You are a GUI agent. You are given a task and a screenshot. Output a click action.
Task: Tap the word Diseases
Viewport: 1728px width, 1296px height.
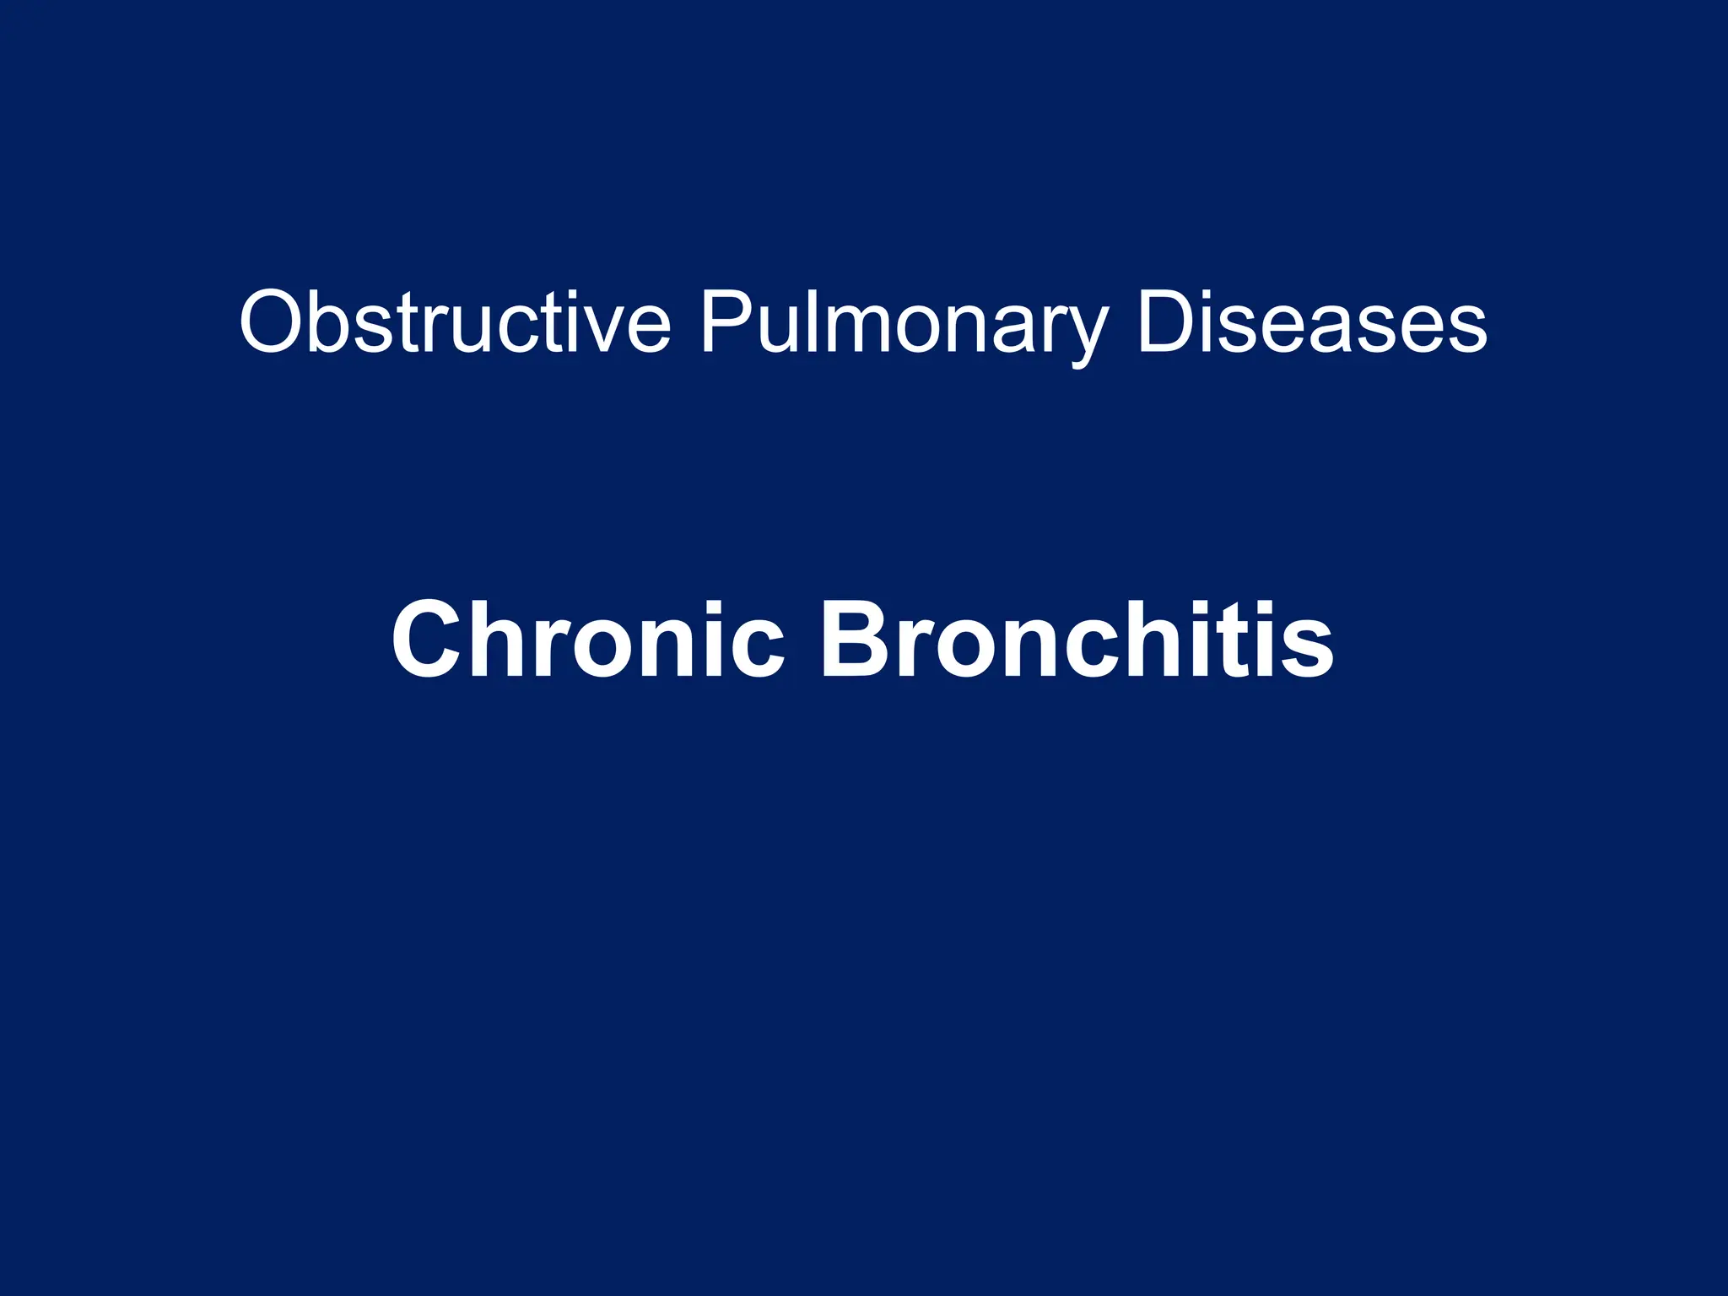point(1311,322)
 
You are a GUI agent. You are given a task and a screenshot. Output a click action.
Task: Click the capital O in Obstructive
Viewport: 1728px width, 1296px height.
point(271,322)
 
